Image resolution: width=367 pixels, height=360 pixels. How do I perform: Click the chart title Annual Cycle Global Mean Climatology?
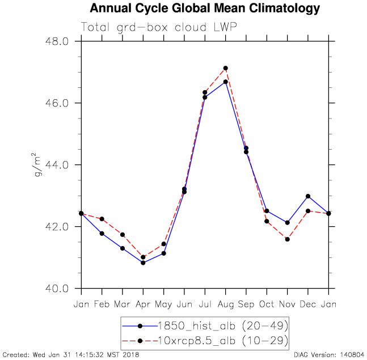pyautogui.click(x=205, y=9)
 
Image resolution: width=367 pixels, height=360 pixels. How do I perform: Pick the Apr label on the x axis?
pyautogui.click(x=143, y=304)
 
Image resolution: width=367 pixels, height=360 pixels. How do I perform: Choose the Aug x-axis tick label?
pyautogui.click(x=226, y=304)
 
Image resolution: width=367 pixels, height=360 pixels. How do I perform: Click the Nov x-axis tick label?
pyautogui.click(x=288, y=304)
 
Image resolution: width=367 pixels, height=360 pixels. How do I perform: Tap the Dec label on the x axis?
pyautogui.click(x=308, y=304)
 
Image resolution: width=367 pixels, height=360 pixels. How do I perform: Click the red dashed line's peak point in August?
pyautogui.click(x=226, y=68)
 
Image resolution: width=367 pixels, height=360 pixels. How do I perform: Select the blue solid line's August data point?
pyautogui.click(x=226, y=82)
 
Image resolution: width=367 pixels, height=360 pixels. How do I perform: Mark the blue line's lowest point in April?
pyautogui.click(x=143, y=262)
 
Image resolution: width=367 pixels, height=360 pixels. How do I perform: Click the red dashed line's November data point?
pyautogui.click(x=288, y=239)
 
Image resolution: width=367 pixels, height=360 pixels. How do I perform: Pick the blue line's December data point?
pyautogui.click(x=308, y=196)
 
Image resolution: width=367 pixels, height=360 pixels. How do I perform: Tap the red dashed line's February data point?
pyautogui.click(x=102, y=219)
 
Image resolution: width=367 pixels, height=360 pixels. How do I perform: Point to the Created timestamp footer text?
pyautogui.click(x=70, y=355)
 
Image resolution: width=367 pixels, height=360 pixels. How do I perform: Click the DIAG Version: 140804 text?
pyautogui.click(x=330, y=355)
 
